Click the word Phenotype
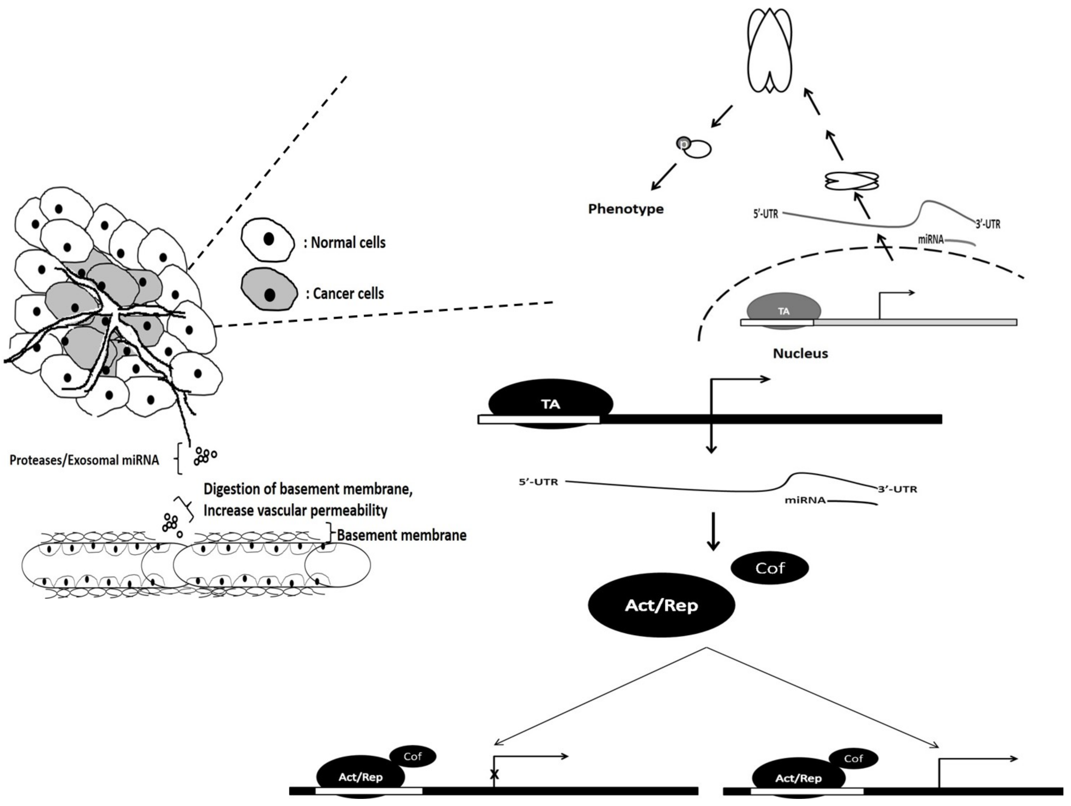pyautogui.click(x=626, y=209)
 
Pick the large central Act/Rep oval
pyautogui.click(x=661, y=605)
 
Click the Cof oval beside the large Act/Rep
pyautogui.click(x=769, y=568)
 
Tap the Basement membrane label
pyautogui.click(x=401, y=535)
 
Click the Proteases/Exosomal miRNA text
pyautogui.click(x=84, y=460)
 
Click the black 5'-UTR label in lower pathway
pyautogui.click(x=538, y=482)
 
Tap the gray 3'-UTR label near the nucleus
pyautogui.click(x=988, y=224)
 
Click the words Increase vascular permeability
pyautogui.click(x=295, y=510)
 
